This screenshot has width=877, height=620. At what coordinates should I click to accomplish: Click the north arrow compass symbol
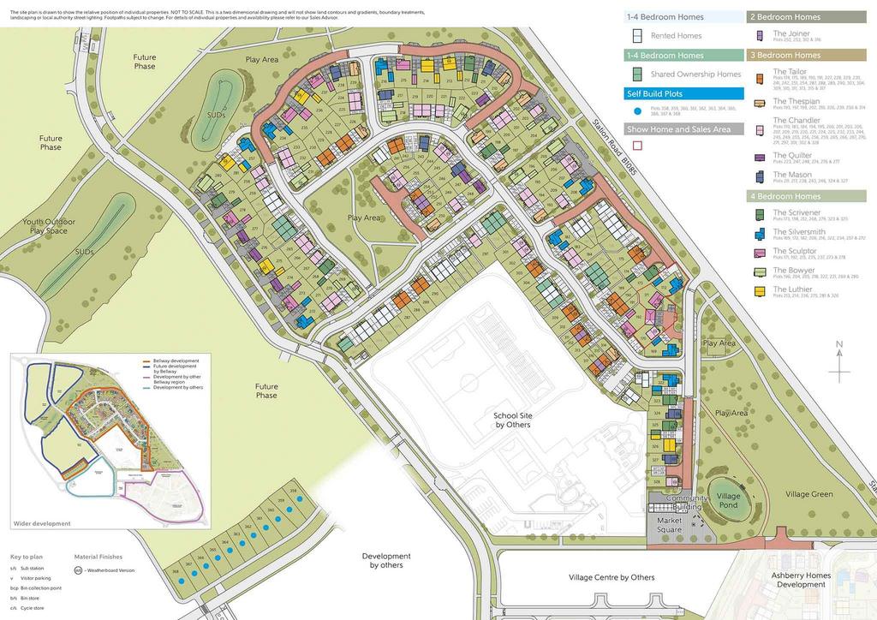pyautogui.click(x=839, y=361)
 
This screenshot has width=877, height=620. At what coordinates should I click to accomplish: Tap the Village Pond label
pyautogui.click(x=729, y=500)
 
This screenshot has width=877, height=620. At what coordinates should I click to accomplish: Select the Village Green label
pyautogui.click(x=808, y=494)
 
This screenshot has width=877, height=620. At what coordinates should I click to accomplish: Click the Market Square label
pyautogui.click(x=669, y=525)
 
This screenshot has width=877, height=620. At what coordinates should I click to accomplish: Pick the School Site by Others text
pyautogui.click(x=512, y=420)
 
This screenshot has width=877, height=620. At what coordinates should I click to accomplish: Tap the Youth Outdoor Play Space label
pyautogui.click(x=49, y=226)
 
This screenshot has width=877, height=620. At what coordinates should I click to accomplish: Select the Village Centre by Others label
pyautogui.click(x=612, y=577)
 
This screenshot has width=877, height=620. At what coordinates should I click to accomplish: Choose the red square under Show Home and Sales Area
pyautogui.click(x=637, y=146)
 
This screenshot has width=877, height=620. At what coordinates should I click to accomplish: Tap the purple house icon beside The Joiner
pyautogui.click(x=760, y=36)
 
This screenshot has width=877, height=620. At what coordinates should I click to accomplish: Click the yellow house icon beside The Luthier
pyautogui.click(x=760, y=292)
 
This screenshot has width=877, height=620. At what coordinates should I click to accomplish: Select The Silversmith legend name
pyautogui.click(x=799, y=232)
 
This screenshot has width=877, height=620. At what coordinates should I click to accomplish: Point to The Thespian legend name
pyautogui.click(x=796, y=101)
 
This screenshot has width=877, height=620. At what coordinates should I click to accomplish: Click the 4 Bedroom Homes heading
pyautogui.click(x=785, y=196)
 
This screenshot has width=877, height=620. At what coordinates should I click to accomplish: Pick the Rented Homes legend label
pyautogui.click(x=676, y=36)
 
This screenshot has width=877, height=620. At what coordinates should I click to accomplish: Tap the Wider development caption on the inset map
pyautogui.click(x=43, y=523)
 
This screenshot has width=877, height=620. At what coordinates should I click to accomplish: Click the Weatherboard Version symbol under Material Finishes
pyautogui.click(x=79, y=570)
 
